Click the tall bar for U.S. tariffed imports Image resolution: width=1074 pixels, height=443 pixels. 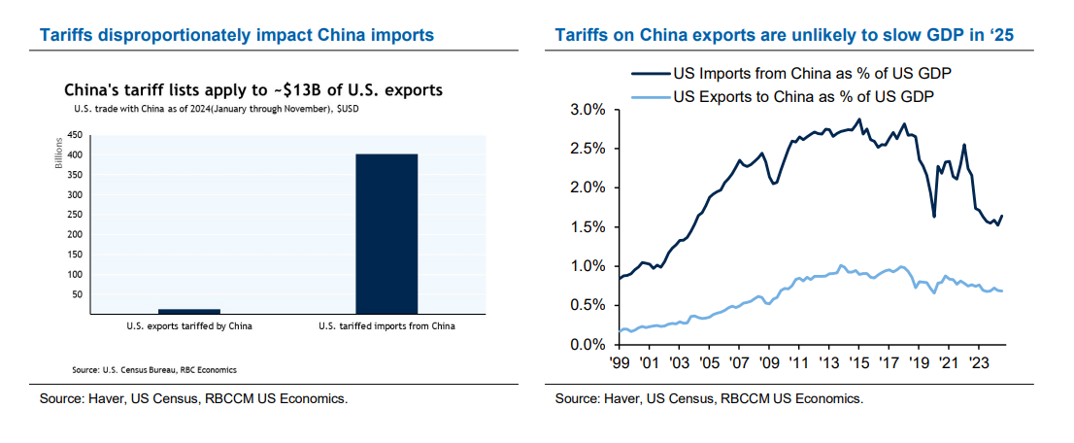(x=386, y=233)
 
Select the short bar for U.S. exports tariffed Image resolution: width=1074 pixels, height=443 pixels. (x=189, y=311)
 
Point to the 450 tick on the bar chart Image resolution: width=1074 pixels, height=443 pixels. (x=75, y=135)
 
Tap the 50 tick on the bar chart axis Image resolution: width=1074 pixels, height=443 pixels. (x=78, y=294)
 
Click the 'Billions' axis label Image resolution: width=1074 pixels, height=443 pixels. (x=58, y=160)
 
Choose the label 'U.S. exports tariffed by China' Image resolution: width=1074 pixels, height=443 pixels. (x=189, y=326)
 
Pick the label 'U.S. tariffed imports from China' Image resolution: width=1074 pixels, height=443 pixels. (x=386, y=326)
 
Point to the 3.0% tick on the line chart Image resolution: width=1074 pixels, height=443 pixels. (x=587, y=110)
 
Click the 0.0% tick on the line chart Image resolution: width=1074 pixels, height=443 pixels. (x=587, y=345)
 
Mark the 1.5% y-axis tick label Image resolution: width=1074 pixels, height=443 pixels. (x=587, y=227)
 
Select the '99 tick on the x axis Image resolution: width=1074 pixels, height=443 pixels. (x=620, y=361)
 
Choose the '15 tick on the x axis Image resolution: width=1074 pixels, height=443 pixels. (x=858, y=361)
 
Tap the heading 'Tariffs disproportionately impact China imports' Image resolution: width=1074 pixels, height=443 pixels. (x=236, y=36)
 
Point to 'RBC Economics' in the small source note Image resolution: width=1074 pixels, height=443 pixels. (x=213, y=370)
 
